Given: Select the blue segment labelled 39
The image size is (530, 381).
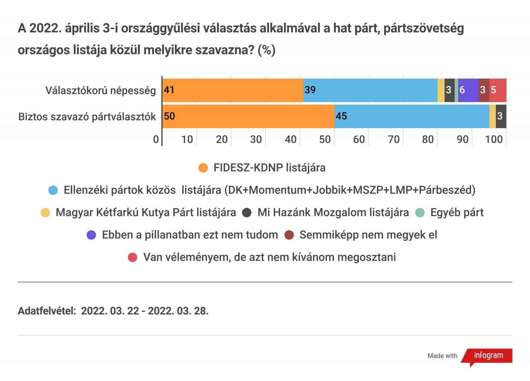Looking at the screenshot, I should [370, 90].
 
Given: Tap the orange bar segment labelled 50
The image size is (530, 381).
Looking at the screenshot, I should [248, 116].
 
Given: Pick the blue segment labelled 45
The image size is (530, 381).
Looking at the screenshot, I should [412, 116].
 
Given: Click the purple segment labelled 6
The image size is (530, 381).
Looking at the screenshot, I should [468, 90].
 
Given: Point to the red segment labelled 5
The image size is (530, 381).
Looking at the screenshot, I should [498, 90].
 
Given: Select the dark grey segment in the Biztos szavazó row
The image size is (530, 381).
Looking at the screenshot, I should [501, 116].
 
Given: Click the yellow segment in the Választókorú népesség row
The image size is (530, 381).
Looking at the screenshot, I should [441, 90].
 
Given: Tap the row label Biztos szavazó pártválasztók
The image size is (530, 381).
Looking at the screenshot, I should [87, 117].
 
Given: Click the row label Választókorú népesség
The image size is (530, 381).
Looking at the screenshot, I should [101, 90].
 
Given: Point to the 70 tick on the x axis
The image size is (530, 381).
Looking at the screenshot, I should [394, 139].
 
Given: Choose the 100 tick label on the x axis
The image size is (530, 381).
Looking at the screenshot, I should [494, 139].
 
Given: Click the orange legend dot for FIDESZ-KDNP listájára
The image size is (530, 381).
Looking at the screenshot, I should [203, 168].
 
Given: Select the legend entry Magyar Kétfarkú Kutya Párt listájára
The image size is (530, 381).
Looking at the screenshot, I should [146, 212].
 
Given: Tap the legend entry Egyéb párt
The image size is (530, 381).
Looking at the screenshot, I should [457, 212].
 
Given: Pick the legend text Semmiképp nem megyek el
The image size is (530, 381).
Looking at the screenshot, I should [368, 235].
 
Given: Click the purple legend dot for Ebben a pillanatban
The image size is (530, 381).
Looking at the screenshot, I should [91, 235].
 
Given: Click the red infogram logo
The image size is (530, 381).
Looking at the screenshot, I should [488, 356].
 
